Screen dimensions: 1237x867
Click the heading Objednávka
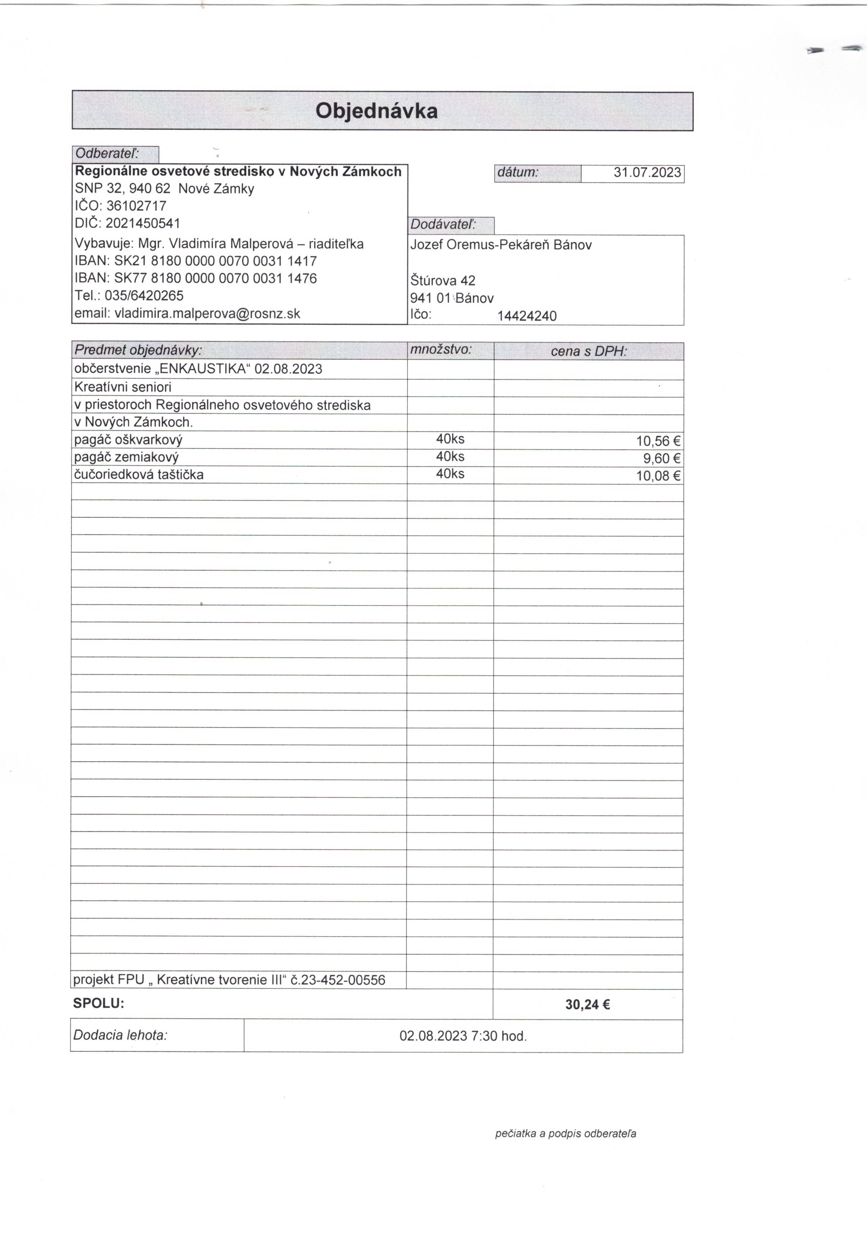click(x=376, y=111)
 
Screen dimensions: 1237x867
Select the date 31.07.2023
click(x=647, y=173)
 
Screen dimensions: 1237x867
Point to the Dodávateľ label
click(x=443, y=225)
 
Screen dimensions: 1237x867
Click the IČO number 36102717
click(x=136, y=206)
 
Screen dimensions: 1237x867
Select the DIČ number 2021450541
click(x=143, y=223)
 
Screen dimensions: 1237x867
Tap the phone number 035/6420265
click(x=144, y=296)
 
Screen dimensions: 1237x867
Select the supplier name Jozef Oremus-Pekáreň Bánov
click(x=501, y=245)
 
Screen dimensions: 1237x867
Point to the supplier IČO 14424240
click(x=527, y=316)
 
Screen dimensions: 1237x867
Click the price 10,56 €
click(x=658, y=441)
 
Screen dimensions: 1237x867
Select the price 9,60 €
click(x=662, y=459)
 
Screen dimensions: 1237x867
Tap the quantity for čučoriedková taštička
click(x=450, y=474)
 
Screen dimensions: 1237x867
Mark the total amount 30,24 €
click(x=587, y=1004)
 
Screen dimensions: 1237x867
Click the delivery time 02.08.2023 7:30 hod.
click(x=463, y=1035)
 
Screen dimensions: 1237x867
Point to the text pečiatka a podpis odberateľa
click(x=565, y=1134)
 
